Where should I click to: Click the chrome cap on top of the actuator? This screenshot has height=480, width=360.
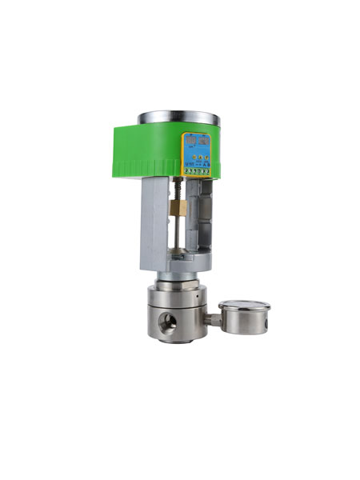click(178, 117)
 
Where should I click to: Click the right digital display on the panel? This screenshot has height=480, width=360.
click(203, 141)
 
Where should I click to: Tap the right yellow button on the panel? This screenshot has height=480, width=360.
click(206, 158)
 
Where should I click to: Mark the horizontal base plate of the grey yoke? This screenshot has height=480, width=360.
click(180, 262)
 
